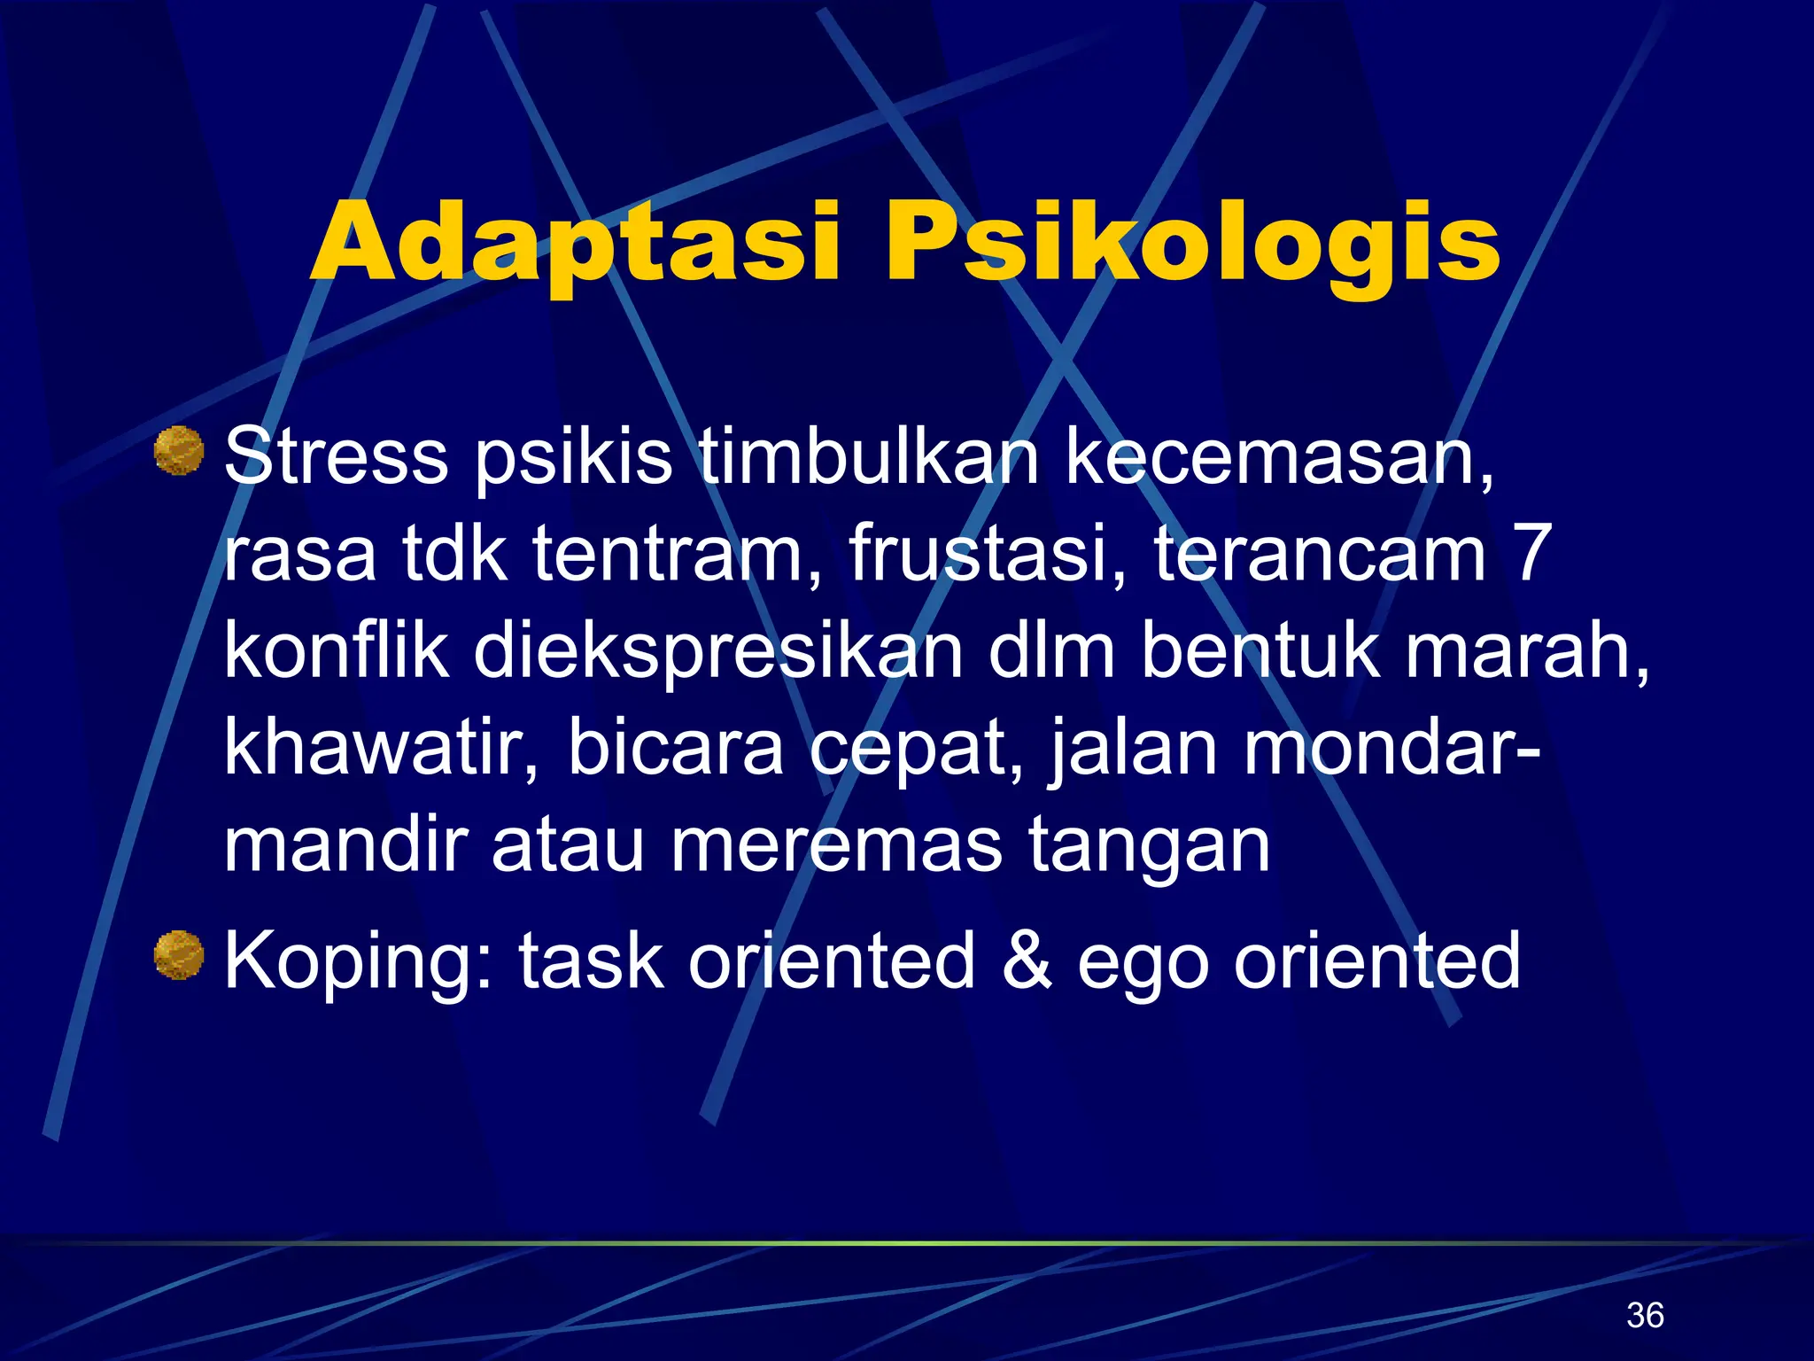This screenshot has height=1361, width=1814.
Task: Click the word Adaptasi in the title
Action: [576, 243]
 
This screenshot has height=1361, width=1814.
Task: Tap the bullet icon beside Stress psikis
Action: [179, 451]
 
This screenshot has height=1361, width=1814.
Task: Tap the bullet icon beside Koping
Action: [179, 955]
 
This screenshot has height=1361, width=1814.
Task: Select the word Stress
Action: [337, 457]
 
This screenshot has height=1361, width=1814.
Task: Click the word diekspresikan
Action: [717, 653]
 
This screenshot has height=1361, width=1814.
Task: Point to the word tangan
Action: [1149, 848]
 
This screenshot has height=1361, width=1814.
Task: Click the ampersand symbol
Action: [1027, 961]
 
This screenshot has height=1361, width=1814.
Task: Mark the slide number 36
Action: [1645, 1315]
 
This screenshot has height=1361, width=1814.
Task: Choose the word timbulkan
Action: [869, 457]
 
